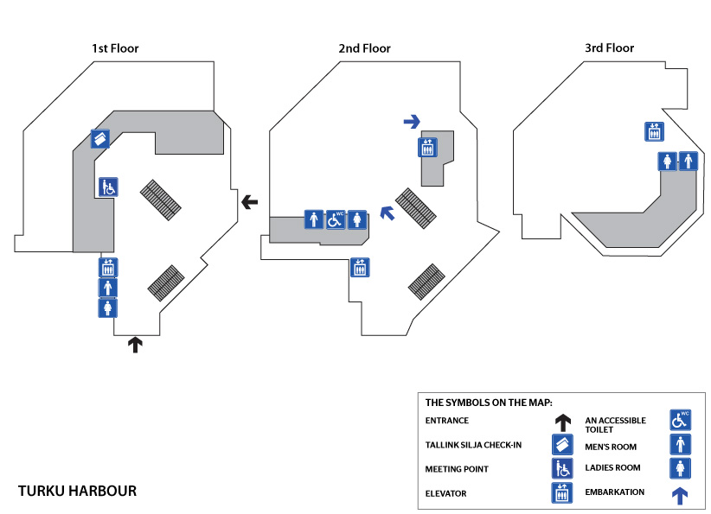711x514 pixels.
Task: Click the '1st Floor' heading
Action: (115, 48)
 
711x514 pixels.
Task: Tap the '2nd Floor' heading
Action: (364, 48)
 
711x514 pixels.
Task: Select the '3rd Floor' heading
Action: (610, 48)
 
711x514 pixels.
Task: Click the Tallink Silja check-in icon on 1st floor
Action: (100, 138)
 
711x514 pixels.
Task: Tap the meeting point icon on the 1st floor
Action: (108, 187)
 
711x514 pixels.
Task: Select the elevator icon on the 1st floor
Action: (108, 268)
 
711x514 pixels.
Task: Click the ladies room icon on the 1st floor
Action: (108, 308)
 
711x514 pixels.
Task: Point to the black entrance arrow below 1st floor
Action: (134, 345)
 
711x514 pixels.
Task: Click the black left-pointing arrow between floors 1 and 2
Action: (250, 202)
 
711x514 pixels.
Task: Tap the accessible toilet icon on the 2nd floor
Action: (336, 220)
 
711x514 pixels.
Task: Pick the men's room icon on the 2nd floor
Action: (313, 220)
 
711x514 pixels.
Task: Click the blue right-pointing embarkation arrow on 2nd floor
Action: (412, 122)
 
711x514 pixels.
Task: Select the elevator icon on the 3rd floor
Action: (654, 131)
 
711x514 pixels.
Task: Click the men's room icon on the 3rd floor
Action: (689, 161)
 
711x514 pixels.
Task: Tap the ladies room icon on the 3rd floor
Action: (667, 161)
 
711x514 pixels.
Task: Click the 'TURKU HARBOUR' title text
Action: (77, 492)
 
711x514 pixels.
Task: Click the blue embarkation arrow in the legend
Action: (680, 495)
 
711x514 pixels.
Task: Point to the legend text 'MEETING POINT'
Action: (457, 469)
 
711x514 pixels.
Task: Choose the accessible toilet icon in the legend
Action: (680, 421)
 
